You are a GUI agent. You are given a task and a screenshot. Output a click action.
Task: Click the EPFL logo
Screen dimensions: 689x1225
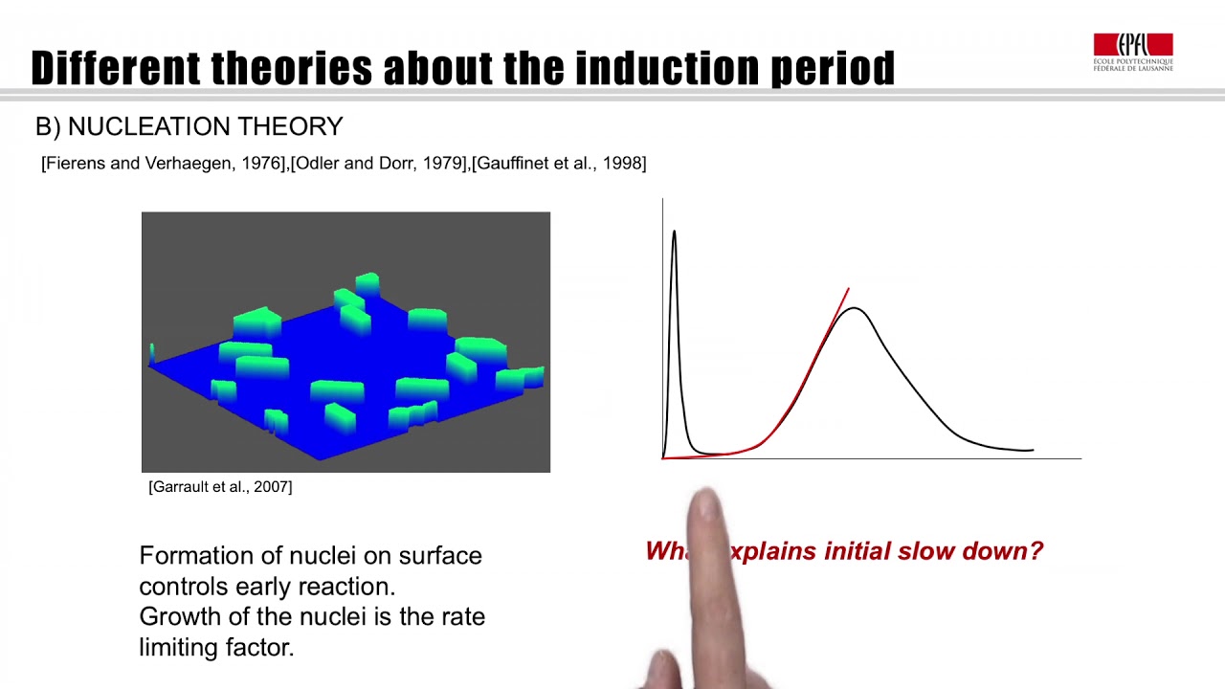click(x=1133, y=52)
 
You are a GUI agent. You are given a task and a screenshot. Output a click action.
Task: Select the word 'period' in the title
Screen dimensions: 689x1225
click(x=833, y=69)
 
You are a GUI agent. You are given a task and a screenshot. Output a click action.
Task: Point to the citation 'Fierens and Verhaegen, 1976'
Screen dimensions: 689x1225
click(x=165, y=164)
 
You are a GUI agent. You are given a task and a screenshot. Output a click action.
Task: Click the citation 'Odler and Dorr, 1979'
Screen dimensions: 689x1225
click(x=380, y=164)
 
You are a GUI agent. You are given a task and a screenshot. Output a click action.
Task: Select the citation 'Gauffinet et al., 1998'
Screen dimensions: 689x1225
click(x=559, y=164)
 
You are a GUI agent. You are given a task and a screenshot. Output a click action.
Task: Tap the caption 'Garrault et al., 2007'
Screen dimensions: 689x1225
click(x=220, y=487)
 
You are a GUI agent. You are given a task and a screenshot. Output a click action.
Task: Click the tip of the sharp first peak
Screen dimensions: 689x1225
click(x=674, y=232)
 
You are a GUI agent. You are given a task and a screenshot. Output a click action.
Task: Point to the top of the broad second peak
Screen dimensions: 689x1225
click(x=854, y=308)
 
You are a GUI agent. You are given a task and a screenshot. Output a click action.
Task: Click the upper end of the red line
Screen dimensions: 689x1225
click(x=848, y=288)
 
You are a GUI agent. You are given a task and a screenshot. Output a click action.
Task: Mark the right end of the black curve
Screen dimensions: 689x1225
click(x=1033, y=450)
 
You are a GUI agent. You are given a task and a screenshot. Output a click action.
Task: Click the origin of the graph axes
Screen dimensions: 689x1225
click(x=662, y=458)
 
